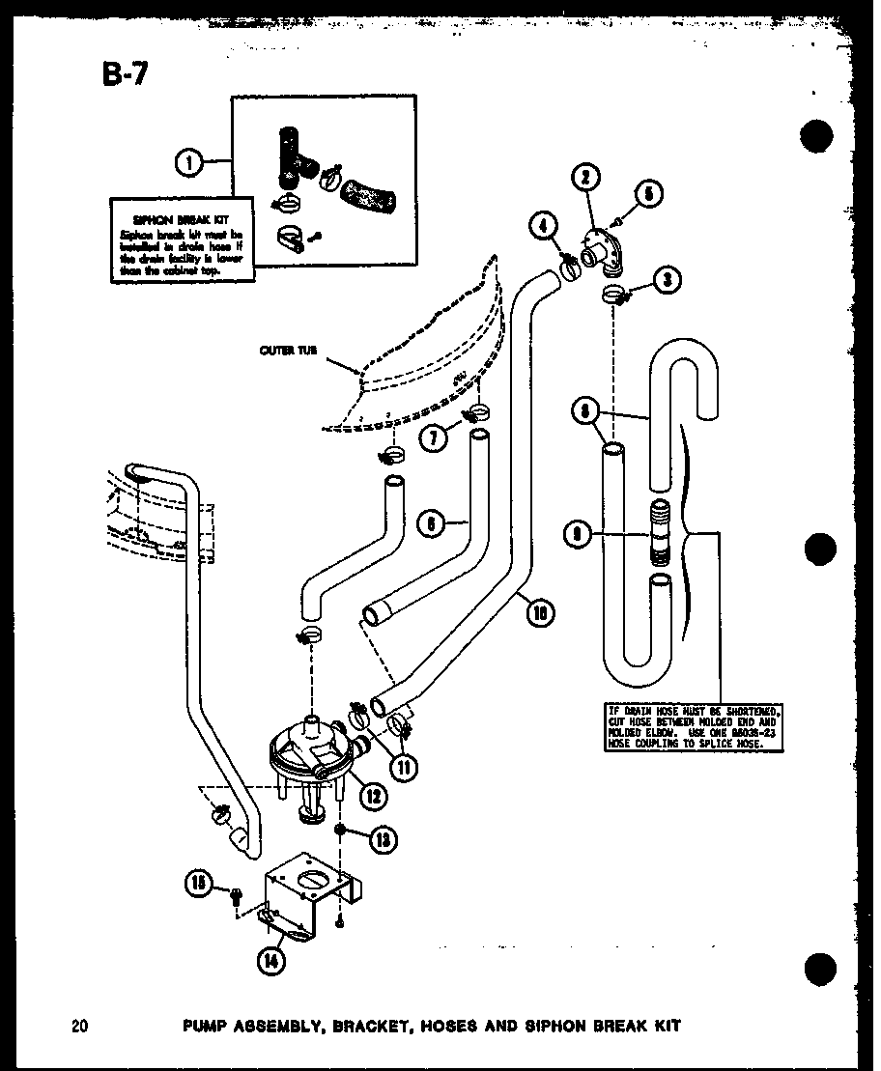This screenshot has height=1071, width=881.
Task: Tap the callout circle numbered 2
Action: pyautogui.click(x=586, y=178)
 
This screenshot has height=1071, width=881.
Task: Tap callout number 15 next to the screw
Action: pyautogui.click(x=199, y=882)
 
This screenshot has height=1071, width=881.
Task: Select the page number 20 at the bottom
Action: pyautogui.click(x=79, y=1026)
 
